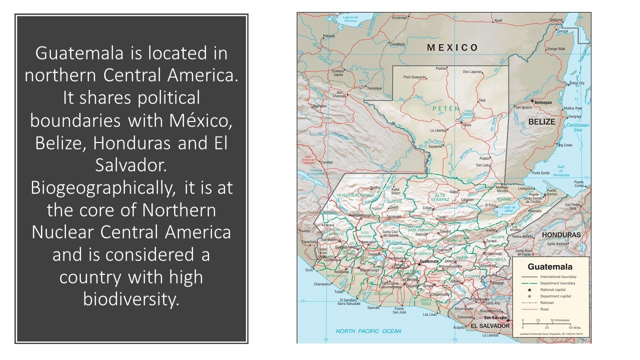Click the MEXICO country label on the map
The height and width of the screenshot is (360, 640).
tap(452, 48)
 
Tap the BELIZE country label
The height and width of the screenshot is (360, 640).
tap(542, 121)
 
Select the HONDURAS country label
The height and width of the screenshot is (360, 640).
tap(561, 234)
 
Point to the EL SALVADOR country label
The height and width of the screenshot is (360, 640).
tap(489, 326)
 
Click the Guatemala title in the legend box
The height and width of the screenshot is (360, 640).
tap(550, 266)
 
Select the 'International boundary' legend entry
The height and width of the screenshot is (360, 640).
tap(558, 276)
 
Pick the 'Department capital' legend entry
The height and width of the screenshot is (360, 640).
tap(555, 296)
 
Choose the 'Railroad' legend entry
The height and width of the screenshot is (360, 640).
tap(546, 302)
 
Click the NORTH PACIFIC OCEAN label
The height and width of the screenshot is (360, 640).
tap(368, 331)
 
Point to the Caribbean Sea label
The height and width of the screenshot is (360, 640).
tap(578, 127)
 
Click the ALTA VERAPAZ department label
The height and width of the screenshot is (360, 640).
tap(440, 197)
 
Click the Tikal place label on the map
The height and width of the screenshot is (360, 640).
tap(482, 100)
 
